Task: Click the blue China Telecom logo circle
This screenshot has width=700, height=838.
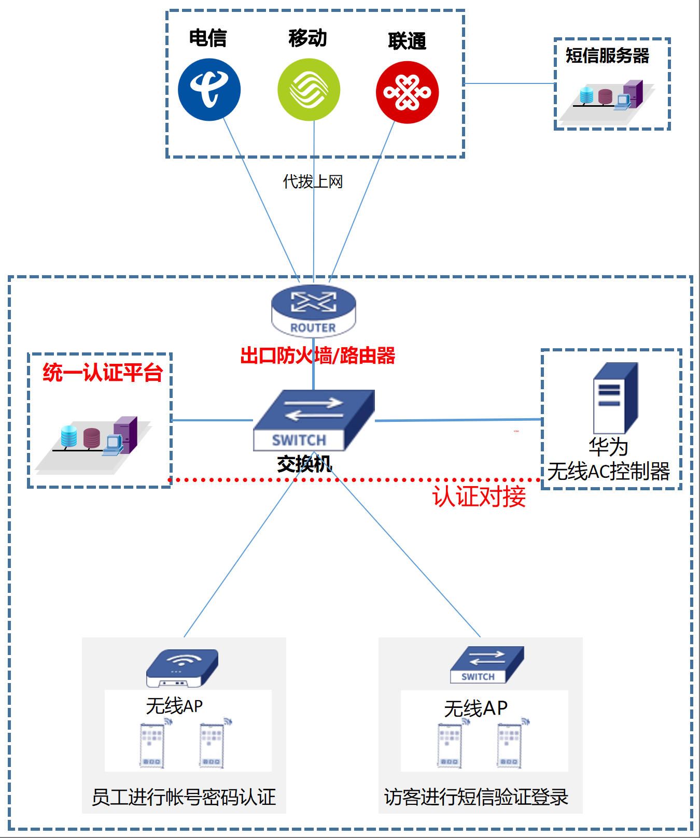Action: pos(209,90)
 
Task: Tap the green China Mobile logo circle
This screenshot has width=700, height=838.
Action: pos(309,90)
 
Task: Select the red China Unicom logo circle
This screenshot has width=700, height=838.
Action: pos(407,92)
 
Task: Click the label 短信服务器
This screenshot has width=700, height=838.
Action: pos(607,55)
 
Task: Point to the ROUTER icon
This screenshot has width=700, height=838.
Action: pos(314,310)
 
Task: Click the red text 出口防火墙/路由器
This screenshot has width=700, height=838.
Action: pos(318,356)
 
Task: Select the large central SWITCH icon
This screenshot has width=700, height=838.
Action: pos(313,420)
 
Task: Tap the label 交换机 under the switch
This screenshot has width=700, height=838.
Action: pos(304,464)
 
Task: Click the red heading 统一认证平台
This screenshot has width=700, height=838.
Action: pos(103,373)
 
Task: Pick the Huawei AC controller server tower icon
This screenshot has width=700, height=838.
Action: pos(615,398)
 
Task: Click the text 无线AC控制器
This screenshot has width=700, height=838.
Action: pos(608,472)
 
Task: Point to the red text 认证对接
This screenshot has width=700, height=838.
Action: pos(479,496)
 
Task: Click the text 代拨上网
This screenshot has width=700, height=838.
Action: pos(313,181)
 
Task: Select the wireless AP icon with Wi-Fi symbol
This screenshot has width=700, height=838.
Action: pos(182,668)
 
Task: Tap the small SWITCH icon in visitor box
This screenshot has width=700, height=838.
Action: pos(486,665)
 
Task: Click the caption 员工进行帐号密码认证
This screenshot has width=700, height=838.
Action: pos(184,797)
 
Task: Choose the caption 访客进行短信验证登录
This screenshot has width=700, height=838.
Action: pos(476,797)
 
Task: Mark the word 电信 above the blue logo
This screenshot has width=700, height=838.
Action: pos(208,38)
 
